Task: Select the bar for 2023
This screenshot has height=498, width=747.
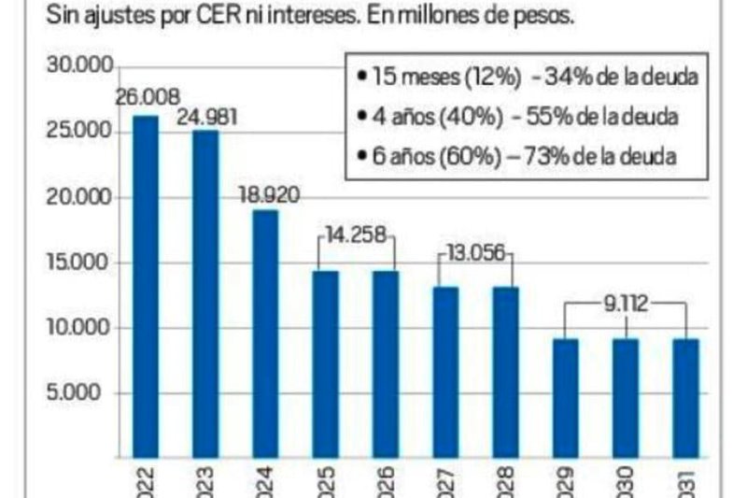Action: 205,293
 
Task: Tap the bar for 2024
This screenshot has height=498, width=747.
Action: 265,333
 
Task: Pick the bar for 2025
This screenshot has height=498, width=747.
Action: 325,363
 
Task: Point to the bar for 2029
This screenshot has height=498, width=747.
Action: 566,397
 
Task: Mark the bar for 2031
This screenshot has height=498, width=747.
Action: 685,397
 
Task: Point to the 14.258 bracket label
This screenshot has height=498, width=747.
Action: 357,235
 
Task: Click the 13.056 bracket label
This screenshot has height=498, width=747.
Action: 476,252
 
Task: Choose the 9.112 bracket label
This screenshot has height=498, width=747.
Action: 626,303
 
